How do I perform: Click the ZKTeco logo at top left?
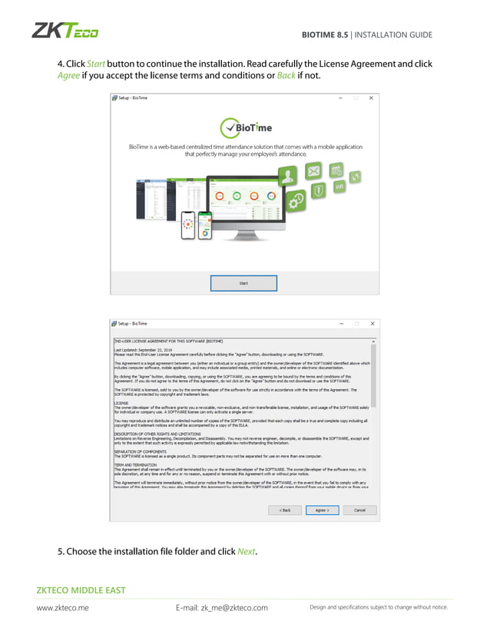click(65, 31)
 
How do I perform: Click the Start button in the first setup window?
click(243, 282)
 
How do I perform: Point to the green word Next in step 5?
click(246, 552)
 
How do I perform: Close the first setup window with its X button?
click(372, 98)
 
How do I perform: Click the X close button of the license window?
click(372, 323)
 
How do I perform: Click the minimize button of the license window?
click(340, 323)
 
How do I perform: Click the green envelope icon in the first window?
click(315, 172)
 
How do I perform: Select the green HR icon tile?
click(339, 187)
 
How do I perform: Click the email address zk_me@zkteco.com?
click(222, 608)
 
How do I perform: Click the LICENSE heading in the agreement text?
click(121, 401)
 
